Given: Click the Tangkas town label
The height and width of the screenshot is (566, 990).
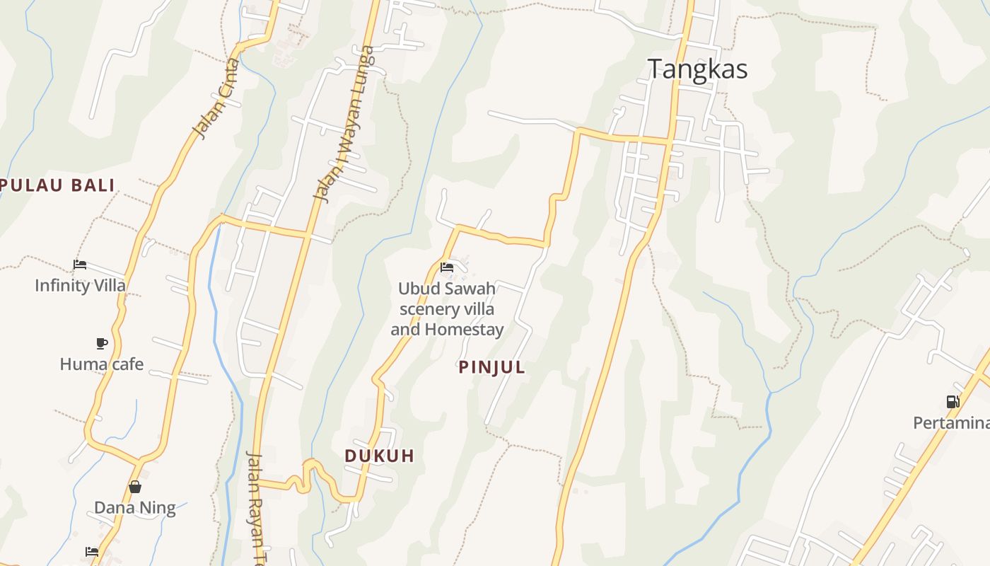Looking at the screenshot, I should coord(697,69).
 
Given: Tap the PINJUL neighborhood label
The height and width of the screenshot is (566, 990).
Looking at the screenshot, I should coord(492,367).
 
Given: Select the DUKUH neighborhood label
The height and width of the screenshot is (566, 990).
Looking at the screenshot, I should coord(379,456).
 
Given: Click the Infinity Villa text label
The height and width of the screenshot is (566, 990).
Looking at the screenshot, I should coord(80,286).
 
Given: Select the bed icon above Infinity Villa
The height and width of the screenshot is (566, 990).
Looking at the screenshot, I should coord(80,265).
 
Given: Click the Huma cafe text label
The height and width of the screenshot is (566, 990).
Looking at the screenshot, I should coord(101,364).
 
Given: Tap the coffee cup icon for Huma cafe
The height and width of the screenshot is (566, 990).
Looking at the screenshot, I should coord(102,344).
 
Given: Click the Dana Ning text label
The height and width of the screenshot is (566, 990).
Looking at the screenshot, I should coord(134,507).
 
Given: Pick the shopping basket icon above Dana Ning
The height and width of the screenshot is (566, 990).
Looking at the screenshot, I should coord(135,487).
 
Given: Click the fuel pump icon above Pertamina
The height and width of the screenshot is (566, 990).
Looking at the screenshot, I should coord(953,402).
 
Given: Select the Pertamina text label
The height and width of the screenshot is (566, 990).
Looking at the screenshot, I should coord(950,423).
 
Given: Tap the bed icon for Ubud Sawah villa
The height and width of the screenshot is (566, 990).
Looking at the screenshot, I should coord(447,267).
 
